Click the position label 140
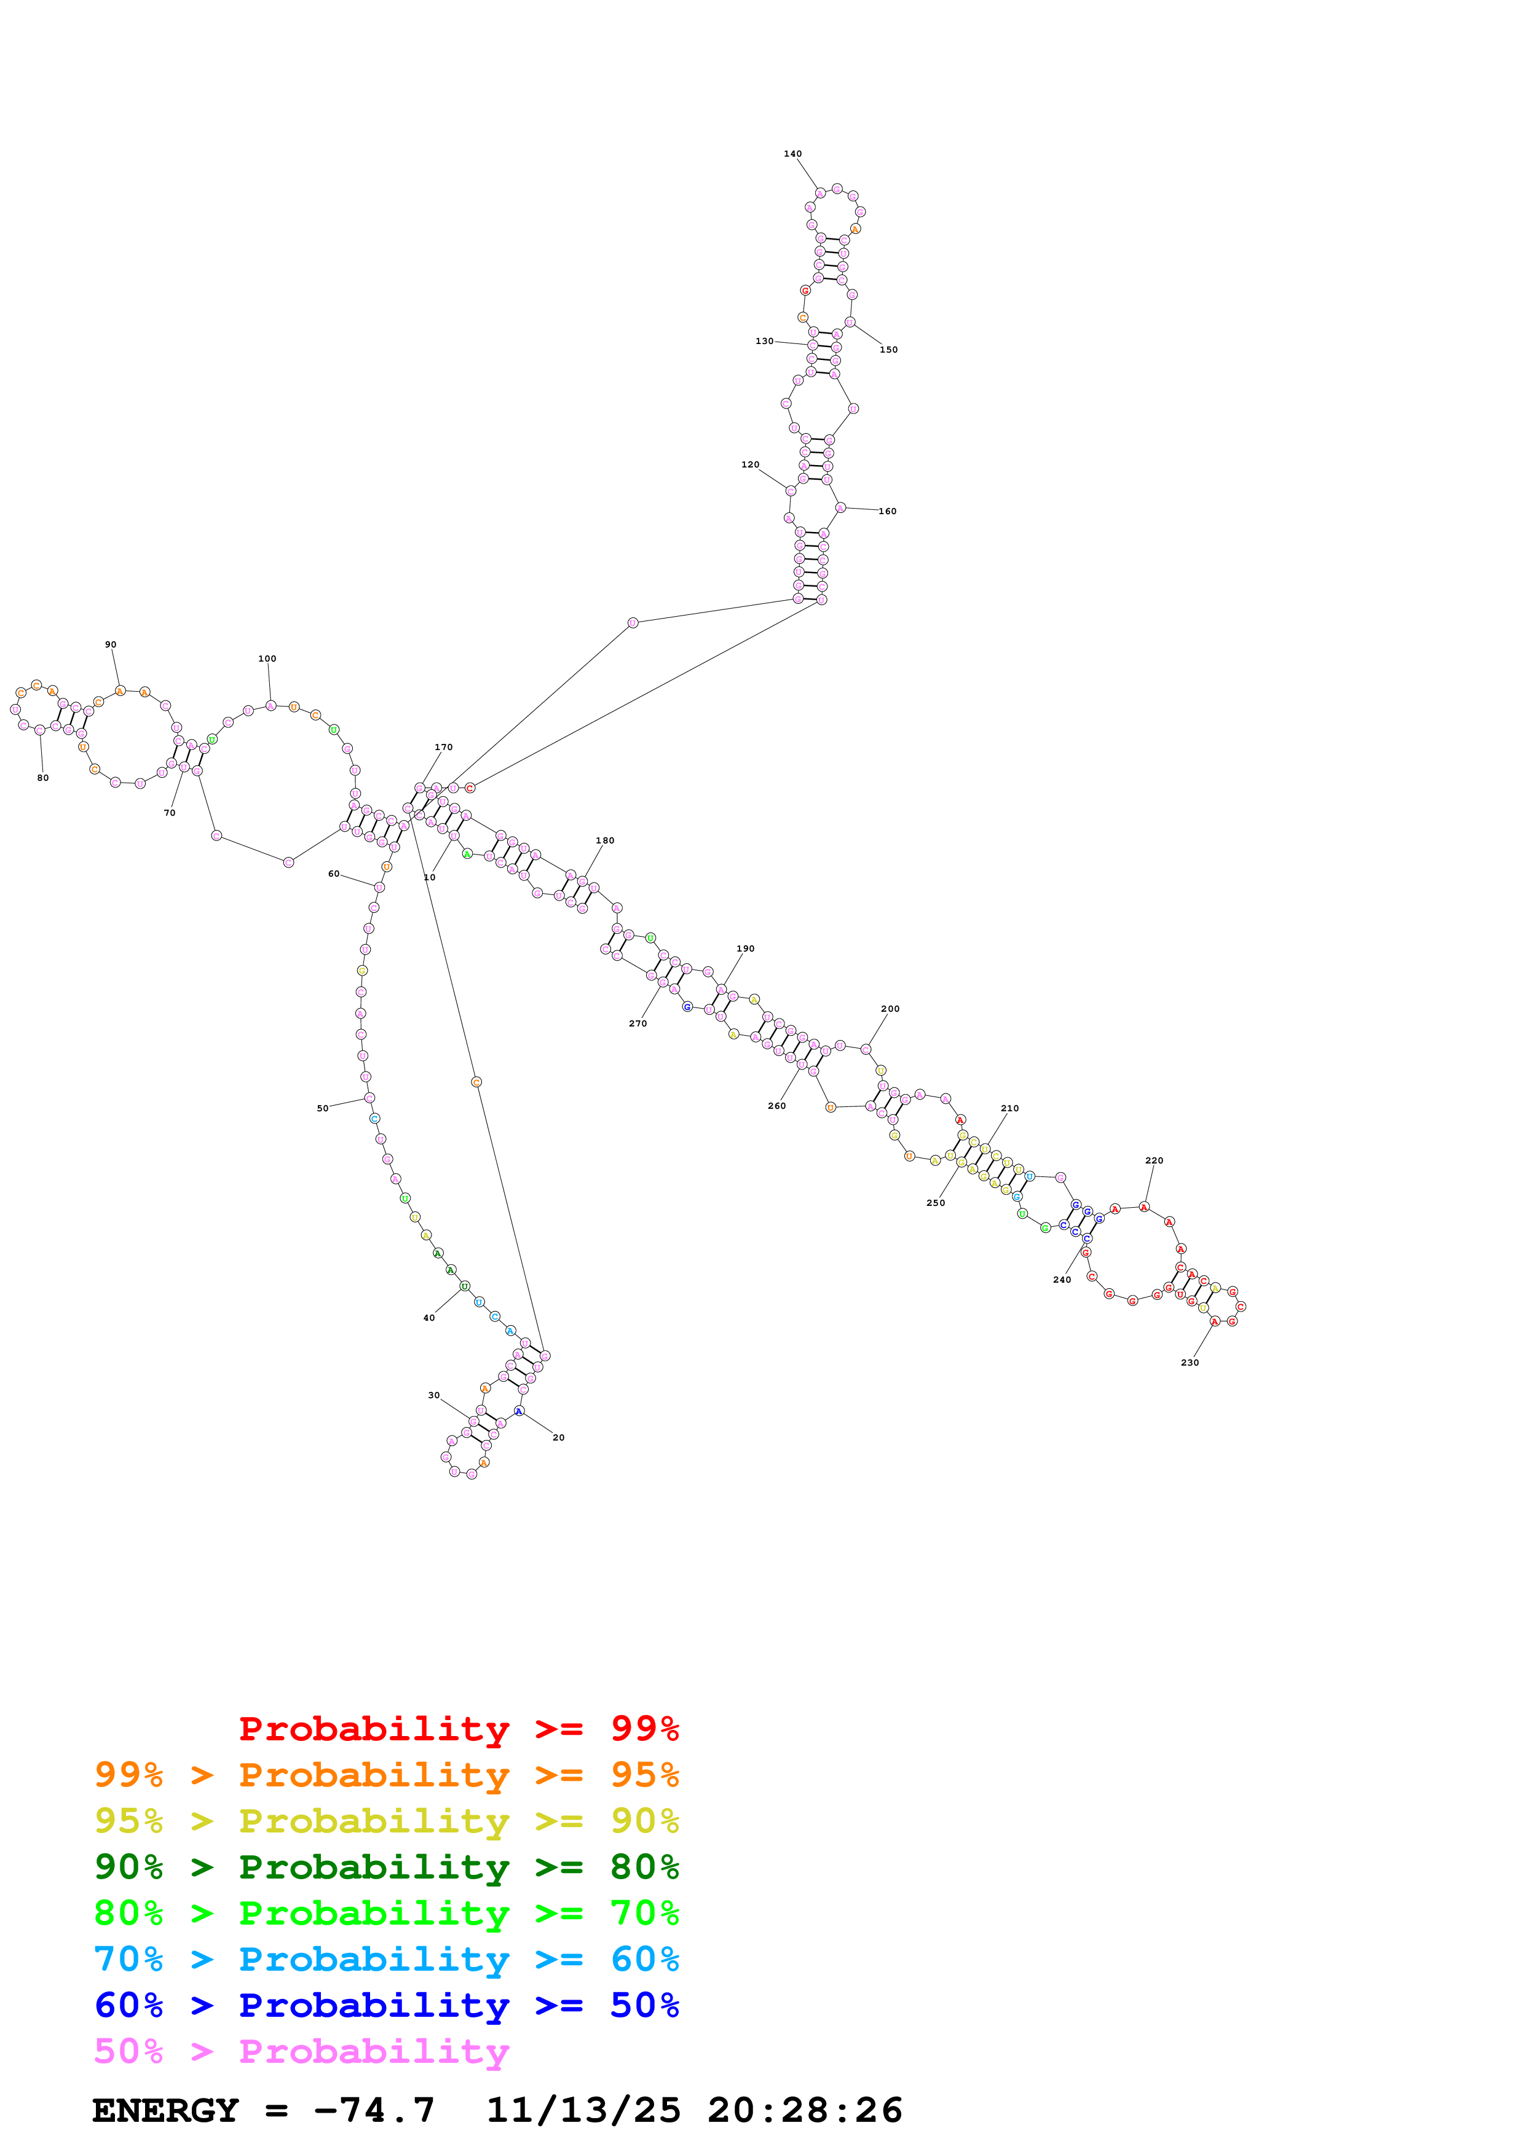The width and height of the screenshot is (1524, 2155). (x=792, y=154)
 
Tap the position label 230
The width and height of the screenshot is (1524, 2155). (x=1190, y=1363)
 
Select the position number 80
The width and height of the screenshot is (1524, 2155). (x=43, y=778)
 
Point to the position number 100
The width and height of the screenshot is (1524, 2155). (x=267, y=659)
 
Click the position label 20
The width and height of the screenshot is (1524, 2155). (x=559, y=1438)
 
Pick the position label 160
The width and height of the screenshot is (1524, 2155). (x=887, y=512)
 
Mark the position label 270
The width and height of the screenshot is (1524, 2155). (x=638, y=1024)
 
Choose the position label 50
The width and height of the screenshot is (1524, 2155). (x=323, y=1108)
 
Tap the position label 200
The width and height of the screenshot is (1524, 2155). (x=890, y=1009)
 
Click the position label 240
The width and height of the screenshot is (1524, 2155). (x=1062, y=1280)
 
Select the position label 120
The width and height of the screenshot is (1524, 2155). (x=750, y=464)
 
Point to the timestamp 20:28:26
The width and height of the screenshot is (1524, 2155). (x=805, y=2110)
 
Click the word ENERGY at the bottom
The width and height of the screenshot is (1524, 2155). (x=165, y=2110)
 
